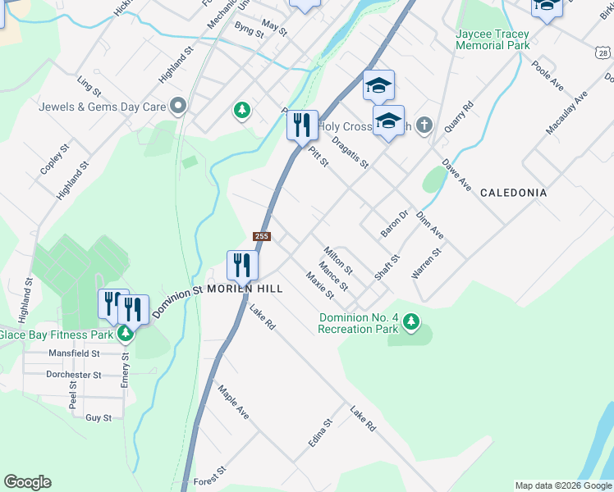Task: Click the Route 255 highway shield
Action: [261, 236]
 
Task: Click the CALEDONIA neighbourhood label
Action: [513, 193]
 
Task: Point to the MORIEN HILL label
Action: [245, 289]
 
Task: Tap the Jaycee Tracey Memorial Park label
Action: [503, 39]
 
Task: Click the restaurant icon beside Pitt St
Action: [301, 125]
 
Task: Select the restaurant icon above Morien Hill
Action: [242, 264]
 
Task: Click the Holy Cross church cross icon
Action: [423, 125]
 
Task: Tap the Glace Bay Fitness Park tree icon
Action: [125, 334]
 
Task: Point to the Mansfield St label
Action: [74, 353]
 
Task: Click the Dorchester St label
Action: [74, 375]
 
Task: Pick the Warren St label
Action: [427, 263]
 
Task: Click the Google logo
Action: [27, 482]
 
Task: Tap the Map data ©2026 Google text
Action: [563, 485]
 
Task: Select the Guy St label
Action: [99, 417]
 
